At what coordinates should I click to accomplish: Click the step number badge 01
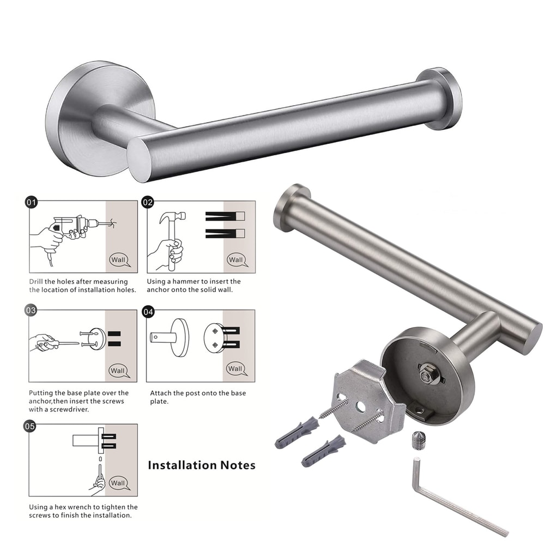coord(32,203)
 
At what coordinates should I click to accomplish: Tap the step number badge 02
coord(148,203)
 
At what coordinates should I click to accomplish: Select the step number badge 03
coord(32,311)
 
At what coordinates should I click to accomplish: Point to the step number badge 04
coord(148,312)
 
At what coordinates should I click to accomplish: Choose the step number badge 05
coord(32,426)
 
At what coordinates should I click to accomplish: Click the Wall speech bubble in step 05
coord(118,483)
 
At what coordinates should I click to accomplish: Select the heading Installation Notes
coord(202,465)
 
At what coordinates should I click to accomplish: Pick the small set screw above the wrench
coord(419,439)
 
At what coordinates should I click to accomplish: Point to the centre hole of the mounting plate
coord(361,407)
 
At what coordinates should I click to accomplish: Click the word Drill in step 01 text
coord(38,282)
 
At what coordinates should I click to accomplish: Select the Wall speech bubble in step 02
coord(236,259)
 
